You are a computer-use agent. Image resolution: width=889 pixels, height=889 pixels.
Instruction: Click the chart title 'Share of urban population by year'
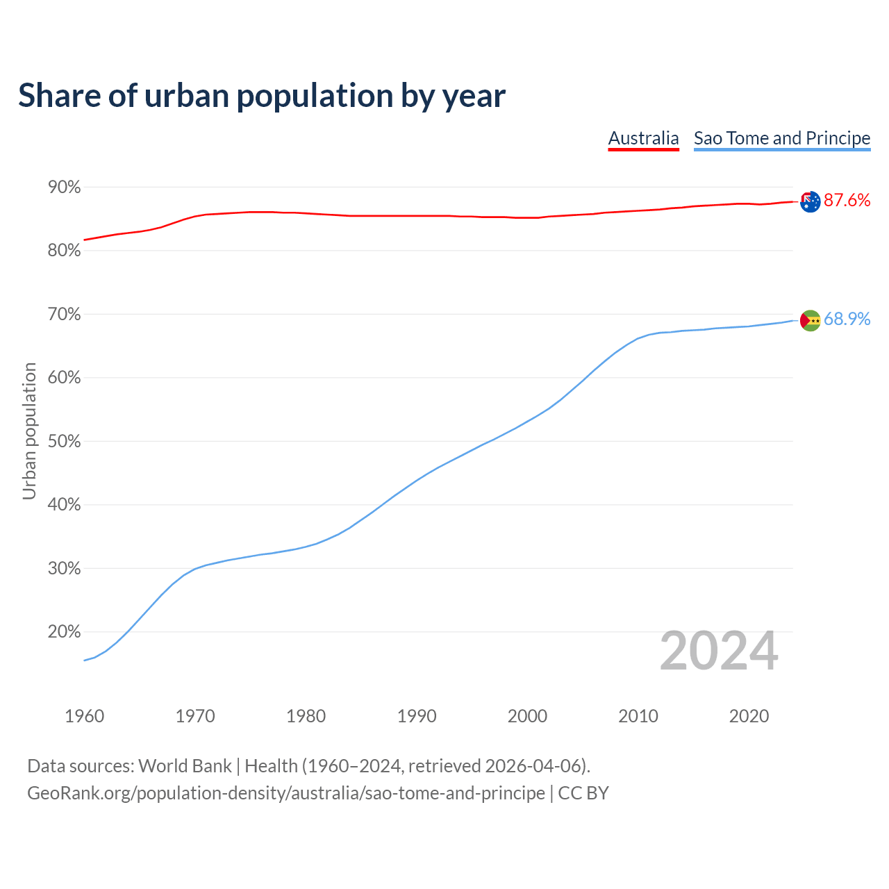point(262,96)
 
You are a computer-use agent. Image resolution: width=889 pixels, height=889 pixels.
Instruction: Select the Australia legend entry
point(643,138)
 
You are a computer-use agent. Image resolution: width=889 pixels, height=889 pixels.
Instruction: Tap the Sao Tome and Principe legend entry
point(782,138)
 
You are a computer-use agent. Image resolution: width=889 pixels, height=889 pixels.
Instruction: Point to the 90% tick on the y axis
point(64,188)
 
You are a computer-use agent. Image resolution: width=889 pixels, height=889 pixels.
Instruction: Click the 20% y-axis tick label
point(64,632)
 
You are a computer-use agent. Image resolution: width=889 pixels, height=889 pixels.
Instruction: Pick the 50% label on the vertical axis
point(64,442)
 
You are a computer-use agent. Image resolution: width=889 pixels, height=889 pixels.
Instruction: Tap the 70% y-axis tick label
point(64,315)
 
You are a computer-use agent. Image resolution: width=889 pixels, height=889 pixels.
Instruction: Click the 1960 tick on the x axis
point(84,716)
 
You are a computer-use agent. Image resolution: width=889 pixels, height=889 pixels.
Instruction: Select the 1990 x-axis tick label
point(417,716)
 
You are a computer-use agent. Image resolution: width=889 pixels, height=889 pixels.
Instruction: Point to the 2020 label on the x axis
point(749,716)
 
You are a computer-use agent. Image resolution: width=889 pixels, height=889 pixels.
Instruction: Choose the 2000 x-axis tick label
point(527,716)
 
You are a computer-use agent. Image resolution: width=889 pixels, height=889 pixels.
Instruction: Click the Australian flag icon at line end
point(810,201)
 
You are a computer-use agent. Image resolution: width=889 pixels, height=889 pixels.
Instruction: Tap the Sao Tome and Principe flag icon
point(810,320)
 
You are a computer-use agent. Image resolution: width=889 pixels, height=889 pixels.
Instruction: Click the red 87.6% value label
point(847,201)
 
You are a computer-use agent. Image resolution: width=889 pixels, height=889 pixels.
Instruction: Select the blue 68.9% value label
point(847,319)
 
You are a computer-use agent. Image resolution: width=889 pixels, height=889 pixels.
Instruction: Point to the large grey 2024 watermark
point(719,651)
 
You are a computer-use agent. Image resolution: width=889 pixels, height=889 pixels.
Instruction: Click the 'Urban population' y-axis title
point(29,431)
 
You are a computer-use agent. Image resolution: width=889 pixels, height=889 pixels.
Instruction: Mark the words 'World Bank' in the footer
point(185,766)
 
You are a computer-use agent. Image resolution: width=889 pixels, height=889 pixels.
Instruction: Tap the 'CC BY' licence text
point(583,793)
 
